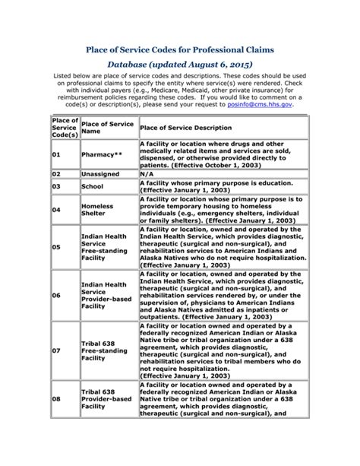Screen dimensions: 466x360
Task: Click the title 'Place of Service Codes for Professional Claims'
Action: pyautogui.click(x=180, y=50)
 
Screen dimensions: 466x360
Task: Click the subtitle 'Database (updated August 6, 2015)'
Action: pyautogui.click(x=180, y=67)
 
